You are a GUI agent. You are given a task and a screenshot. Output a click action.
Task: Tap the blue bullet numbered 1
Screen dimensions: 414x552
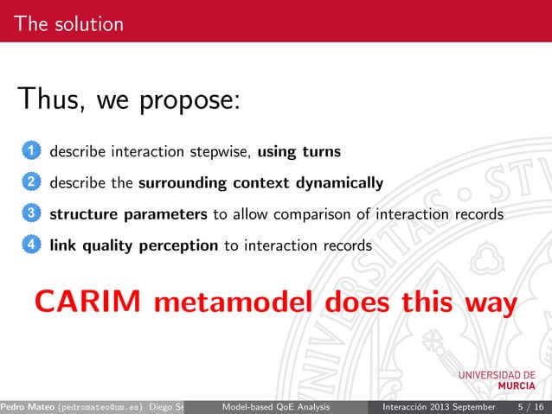30,152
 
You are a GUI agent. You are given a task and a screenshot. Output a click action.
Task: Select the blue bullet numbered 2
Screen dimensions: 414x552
30,183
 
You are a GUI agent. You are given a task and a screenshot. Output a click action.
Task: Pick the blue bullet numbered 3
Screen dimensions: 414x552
30,214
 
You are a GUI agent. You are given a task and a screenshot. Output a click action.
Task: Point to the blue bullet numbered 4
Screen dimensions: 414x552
30,245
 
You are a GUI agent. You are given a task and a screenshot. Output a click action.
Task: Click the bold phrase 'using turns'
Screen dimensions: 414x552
299,152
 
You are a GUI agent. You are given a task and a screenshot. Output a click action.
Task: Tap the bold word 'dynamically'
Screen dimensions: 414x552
341,183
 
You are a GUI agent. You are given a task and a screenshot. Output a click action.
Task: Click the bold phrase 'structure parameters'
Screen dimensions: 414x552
129,214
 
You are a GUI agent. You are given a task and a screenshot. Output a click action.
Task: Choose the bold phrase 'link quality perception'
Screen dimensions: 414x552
134,245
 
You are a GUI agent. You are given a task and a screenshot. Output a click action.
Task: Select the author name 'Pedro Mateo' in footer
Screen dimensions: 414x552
28,406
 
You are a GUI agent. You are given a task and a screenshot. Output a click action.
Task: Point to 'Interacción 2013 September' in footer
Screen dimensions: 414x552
433,406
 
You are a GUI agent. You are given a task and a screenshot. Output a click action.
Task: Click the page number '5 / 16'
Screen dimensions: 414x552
530,406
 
